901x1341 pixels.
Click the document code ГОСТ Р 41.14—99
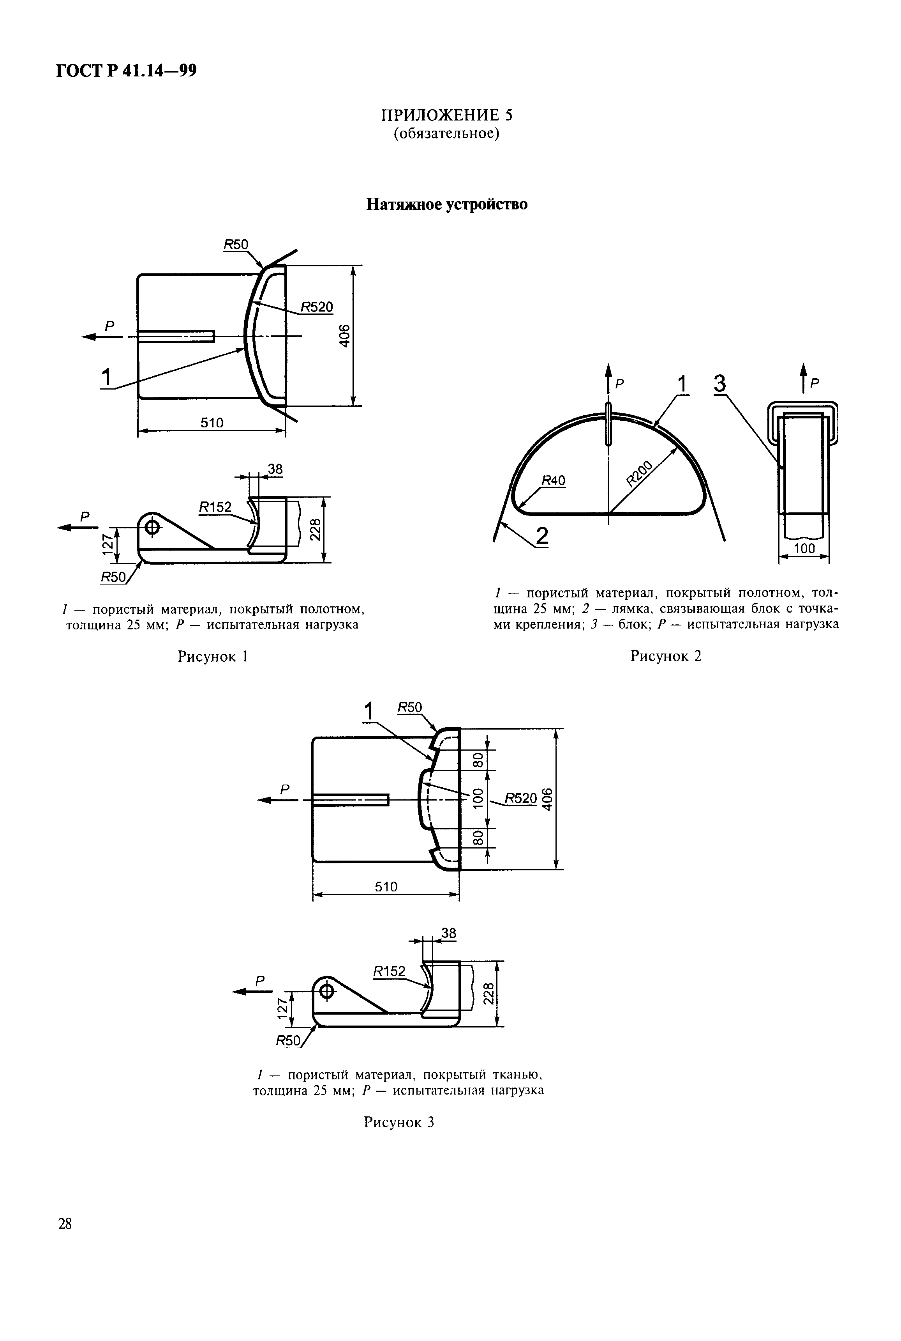pyautogui.click(x=127, y=71)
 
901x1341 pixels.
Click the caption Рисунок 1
pyautogui.click(x=213, y=656)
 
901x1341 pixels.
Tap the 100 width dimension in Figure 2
pyautogui.click(x=804, y=549)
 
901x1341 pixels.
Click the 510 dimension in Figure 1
pyautogui.click(x=212, y=423)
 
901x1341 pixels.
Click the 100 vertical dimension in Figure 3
pyautogui.click(x=476, y=799)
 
